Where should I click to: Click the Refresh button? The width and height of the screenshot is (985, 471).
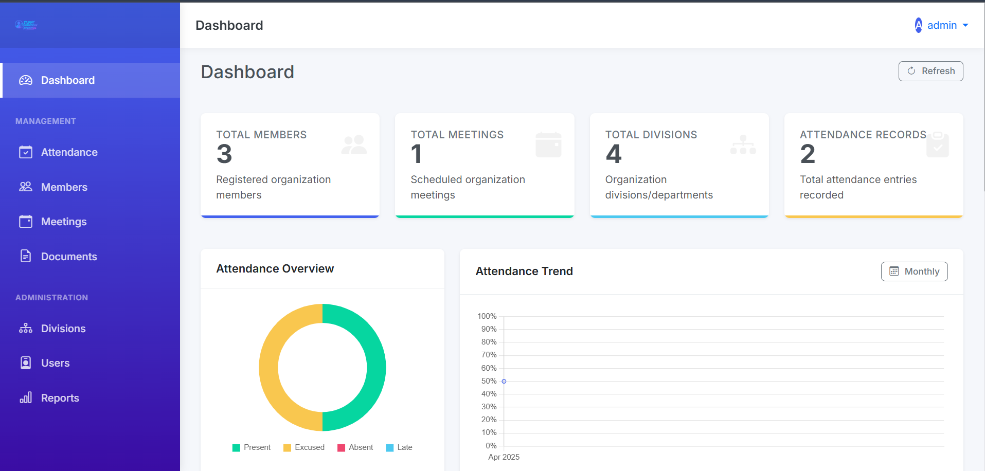(x=930, y=71)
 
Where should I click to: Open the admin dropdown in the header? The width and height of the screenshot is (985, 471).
(x=942, y=25)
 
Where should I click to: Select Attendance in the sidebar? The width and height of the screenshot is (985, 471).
(x=69, y=152)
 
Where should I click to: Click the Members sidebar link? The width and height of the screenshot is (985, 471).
(x=64, y=187)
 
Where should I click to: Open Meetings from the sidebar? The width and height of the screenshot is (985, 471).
(x=64, y=222)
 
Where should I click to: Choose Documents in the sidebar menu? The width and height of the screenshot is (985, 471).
(x=69, y=257)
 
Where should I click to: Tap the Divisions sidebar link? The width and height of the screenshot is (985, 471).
(x=63, y=329)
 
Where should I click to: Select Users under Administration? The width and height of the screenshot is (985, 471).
(x=55, y=363)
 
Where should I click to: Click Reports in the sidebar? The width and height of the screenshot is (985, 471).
(x=60, y=398)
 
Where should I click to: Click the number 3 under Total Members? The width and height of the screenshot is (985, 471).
(x=224, y=154)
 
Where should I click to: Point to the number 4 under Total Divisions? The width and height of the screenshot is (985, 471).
(x=613, y=154)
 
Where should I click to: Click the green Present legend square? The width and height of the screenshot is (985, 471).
(x=236, y=448)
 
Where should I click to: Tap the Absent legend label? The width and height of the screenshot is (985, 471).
(x=361, y=447)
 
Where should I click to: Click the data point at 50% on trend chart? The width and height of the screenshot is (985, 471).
(x=504, y=382)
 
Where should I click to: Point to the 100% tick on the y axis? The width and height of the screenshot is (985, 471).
(x=487, y=316)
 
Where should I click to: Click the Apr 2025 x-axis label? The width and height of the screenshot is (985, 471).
(x=504, y=457)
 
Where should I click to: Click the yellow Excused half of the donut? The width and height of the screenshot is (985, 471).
(x=269, y=368)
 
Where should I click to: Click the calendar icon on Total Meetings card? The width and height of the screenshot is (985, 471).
(x=548, y=145)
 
